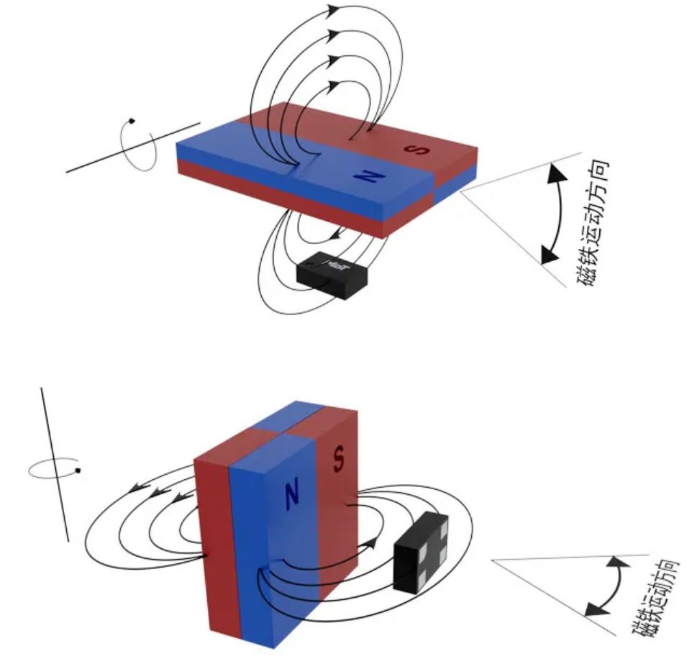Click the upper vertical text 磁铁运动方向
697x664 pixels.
pos(598,224)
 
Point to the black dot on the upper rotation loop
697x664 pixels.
pos(132,121)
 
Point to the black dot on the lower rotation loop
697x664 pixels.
pos(78,471)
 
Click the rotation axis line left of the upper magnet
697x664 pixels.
pos(94,161)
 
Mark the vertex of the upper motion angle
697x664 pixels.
pos(460,191)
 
